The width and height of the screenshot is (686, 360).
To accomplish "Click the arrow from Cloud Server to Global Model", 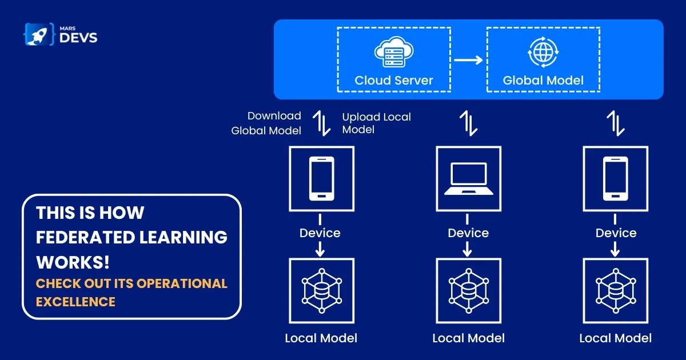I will tap(468, 58).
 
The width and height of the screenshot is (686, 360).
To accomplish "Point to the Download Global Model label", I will tap(266, 123).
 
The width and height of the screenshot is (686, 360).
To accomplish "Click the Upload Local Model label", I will tap(376, 123).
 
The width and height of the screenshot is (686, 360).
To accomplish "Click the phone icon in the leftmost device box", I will tap(321, 178).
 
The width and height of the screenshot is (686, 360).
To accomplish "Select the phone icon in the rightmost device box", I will tap(616, 178).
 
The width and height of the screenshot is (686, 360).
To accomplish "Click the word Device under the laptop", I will tap(468, 233).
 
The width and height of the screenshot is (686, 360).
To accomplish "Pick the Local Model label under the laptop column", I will tap(468, 338).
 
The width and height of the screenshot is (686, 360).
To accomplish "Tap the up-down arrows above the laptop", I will tap(468, 122).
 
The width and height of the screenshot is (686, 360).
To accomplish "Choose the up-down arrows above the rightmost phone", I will tap(616, 122).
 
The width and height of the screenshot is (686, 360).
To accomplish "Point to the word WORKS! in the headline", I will tap(73, 262).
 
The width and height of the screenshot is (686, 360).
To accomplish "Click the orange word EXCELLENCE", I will tap(75, 301).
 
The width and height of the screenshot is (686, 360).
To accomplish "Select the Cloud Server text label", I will tap(394, 80).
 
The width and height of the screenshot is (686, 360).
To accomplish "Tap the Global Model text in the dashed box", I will tap(543, 80).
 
